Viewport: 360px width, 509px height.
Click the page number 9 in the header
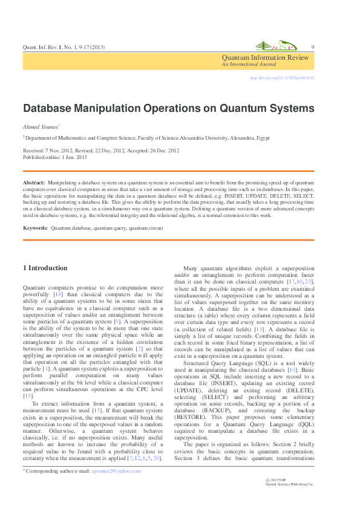312,48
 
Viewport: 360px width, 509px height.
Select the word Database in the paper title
49,109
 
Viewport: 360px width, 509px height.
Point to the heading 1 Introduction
45,268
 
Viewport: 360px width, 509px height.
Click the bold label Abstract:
34,182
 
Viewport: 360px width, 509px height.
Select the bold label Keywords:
35,228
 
